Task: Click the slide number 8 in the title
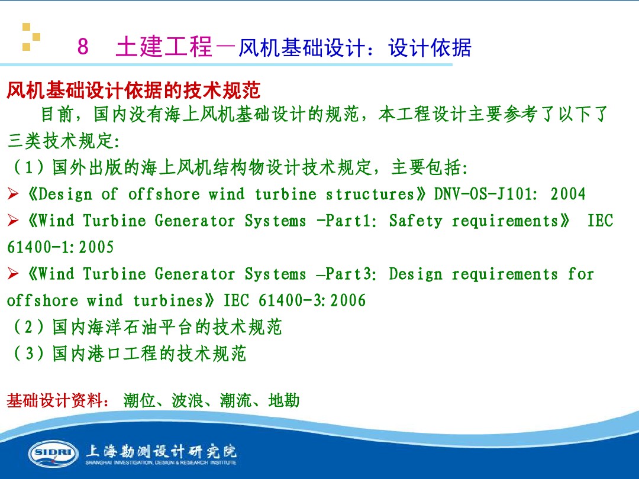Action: (x=83, y=46)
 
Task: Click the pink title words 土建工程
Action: (x=164, y=47)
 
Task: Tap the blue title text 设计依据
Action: (x=430, y=47)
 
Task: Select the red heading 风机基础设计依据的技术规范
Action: (x=134, y=90)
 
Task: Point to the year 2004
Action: (x=567, y=194)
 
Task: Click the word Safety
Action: (x=415, y=221)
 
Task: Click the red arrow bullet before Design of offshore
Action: (x=13, y=194)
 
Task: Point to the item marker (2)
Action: (x=28, y=327)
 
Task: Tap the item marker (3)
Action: (x=28, y=354)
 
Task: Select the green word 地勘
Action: (x=284, y=400)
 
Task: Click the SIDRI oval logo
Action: (x=53, y=454)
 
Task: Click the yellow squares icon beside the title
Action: (x=31, y=37)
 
